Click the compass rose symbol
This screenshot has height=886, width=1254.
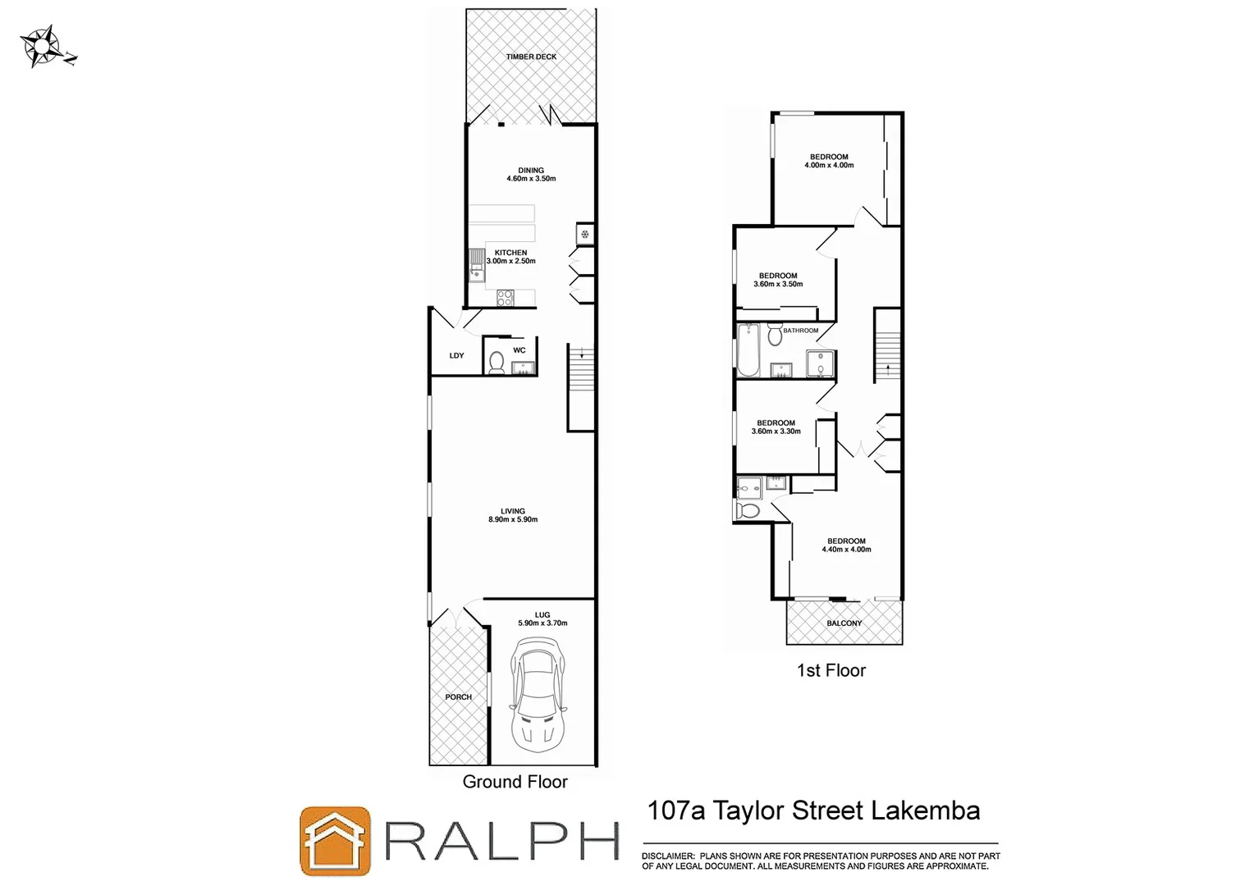click(42, 46)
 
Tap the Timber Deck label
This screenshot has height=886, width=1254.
click(531, 57)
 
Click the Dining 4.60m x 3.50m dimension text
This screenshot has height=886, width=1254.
click(531, 179)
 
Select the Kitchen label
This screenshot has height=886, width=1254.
click(510, 253)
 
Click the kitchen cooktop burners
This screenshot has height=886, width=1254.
click(505, 298)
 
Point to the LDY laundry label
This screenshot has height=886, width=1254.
click(456, 355)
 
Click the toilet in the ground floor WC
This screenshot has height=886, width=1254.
click(497, 362)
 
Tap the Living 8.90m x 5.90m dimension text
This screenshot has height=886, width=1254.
click(513, 519)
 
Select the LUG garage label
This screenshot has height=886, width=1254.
click(542, 614)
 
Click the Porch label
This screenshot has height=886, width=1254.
click(458, 697)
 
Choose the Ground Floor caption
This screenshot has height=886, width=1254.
click(515, 782)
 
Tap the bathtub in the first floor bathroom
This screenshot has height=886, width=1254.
click(748, 350)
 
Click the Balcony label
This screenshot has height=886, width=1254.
click(844, 623)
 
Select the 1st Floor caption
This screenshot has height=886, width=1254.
click(831, 670)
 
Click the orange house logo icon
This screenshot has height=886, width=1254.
click(335, 840)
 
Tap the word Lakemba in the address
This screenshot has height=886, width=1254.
click(925, 811)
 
